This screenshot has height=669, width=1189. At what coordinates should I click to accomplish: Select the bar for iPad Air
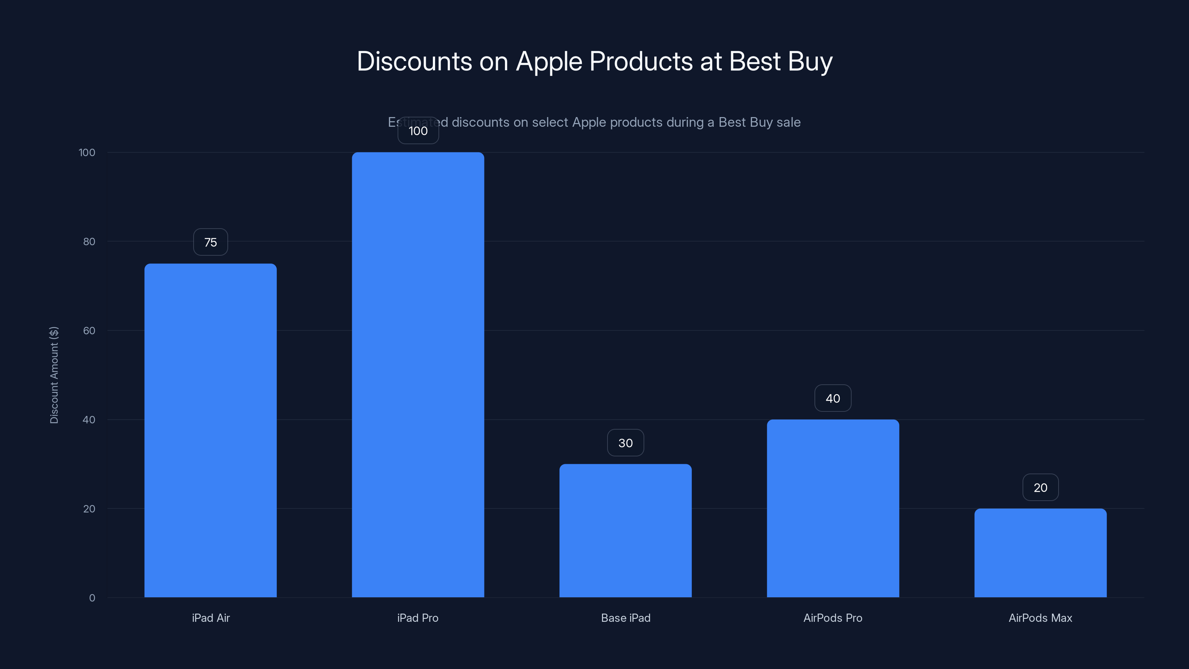click(x=210, y=430)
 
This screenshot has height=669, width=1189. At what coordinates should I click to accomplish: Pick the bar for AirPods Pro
click(x=833, y=508)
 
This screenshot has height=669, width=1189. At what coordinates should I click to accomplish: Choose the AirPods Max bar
click(x=1040, y=553)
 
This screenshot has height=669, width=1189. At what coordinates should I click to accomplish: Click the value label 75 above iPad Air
click(x=210, y=242)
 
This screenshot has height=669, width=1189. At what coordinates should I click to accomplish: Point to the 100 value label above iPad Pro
click(x=418, y=131)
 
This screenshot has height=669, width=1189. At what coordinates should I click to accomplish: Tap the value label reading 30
click(x=625, y=443)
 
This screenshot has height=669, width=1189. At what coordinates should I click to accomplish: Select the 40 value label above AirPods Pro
click(x=833, y=398)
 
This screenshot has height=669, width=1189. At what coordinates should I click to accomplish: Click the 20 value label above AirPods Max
click(x=1040, y=488)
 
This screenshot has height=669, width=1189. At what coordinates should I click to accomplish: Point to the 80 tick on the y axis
click(x=89, y=242)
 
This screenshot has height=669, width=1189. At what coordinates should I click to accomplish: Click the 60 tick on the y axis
click(x=89, y=330)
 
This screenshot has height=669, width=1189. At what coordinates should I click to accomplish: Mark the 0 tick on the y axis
click(x=92, y=598)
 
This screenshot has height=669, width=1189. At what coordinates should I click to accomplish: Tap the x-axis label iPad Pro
click(x=418, y=618)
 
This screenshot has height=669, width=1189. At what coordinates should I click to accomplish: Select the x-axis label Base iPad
click(x=625, y=618)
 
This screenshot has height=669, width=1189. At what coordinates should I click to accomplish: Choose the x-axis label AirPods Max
click(x=1040, y=618)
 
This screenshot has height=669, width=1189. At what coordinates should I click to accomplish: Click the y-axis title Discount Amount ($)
click(x=54, y=375)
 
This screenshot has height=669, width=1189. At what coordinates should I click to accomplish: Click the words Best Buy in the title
click(x=781, y=61)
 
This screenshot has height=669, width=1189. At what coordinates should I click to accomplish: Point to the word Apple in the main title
click(x=549, y=61)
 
